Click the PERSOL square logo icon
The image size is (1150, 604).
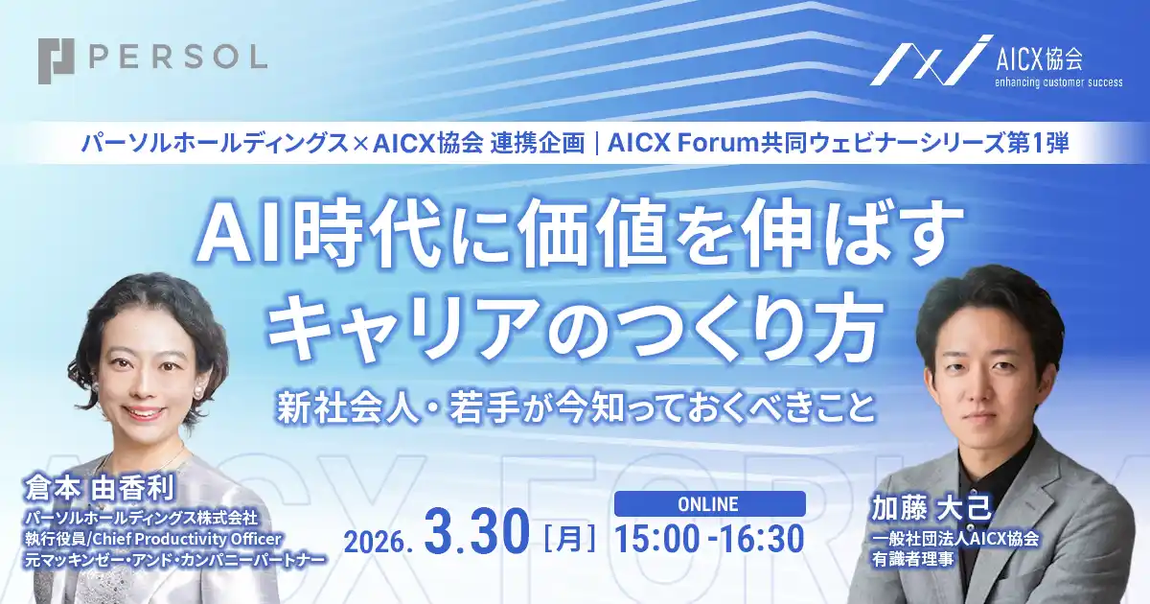coord(57,59)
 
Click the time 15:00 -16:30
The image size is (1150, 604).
coord(709,540)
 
